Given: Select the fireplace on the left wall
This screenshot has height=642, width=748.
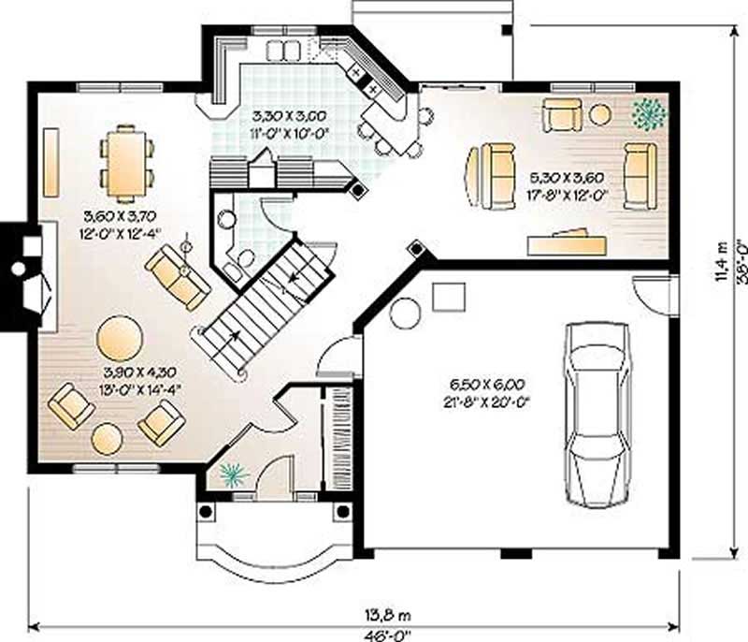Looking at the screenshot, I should [24, 276].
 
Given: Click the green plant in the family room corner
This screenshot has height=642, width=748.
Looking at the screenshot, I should [648, 113].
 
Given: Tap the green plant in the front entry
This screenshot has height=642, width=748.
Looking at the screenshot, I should [230, 475].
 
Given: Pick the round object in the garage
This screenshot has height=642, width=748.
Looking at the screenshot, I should [406, 312].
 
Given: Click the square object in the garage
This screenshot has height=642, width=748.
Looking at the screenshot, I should [447, 297].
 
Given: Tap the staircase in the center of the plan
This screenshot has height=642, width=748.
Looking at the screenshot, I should [266, 304].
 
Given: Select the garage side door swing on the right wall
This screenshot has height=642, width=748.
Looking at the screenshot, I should [652, 294].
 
